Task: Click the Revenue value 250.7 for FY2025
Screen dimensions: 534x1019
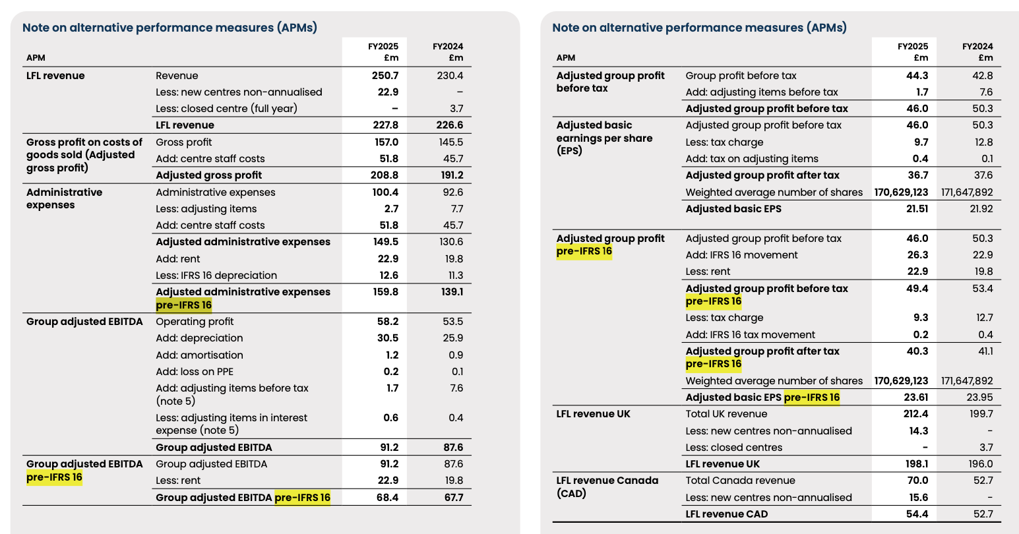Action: [x=385, y=76]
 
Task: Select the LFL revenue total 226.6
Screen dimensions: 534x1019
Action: [x=450, y=125]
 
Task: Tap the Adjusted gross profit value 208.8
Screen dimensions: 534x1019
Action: [x=385, y=175]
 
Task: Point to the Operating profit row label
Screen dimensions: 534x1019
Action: [x=195, y=322]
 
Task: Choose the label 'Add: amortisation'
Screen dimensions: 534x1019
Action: [x=199, y=355]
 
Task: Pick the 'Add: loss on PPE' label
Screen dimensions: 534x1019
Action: [x=195, y=372]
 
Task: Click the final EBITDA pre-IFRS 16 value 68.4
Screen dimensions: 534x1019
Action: [x=387, y=498]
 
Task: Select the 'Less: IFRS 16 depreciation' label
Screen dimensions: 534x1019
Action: [x=216, y=276]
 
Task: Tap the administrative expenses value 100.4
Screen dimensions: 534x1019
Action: [x=385, y=193]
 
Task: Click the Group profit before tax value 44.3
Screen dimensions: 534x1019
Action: [x=917, y=76]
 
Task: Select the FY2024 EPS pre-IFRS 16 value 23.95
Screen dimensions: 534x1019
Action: [x=979, y=398]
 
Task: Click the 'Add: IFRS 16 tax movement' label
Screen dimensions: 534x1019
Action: [x=750, y=335]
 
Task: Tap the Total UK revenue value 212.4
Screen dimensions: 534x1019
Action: [x=915, y=414]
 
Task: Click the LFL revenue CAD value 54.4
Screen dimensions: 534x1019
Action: [x=917, y=514]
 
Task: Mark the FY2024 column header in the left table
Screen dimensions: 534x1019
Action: [x=448, y=51]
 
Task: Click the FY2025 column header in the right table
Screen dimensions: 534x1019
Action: [x=913, y=51]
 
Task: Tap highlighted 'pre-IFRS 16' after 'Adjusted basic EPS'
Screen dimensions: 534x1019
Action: [x=812, y=398]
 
